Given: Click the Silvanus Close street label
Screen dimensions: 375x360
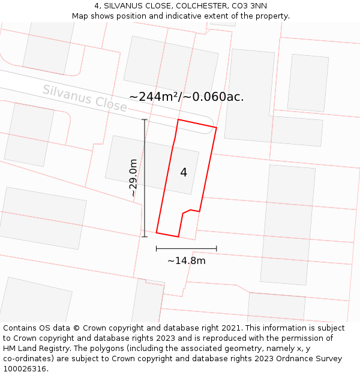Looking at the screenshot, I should [85, 98].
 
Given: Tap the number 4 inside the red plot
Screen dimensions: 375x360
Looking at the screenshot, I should [184, 173].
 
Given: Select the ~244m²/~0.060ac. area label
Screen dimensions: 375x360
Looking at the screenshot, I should [187, 97].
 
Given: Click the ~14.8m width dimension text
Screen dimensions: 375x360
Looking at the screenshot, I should [186, 261].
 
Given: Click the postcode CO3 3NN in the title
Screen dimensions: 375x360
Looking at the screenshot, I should [248, 6].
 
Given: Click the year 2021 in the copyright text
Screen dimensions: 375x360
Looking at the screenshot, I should [231, 328].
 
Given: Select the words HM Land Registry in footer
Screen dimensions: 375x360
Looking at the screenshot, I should [35, 349].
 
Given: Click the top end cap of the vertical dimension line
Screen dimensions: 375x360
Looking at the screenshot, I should [145, 120].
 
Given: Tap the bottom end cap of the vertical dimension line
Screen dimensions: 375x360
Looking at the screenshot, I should [145, 236].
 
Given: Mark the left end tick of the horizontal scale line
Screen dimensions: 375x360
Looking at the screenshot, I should [157, 248].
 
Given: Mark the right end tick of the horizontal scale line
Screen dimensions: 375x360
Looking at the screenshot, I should [216, 248].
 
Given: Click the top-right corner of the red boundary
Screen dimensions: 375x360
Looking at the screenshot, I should [216, 127].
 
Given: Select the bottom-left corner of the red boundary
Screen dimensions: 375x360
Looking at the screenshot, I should [157, 232].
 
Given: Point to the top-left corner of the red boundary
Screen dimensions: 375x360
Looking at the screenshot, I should [178, 119].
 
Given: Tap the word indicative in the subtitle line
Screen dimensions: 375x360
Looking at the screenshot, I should [192, 16].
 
